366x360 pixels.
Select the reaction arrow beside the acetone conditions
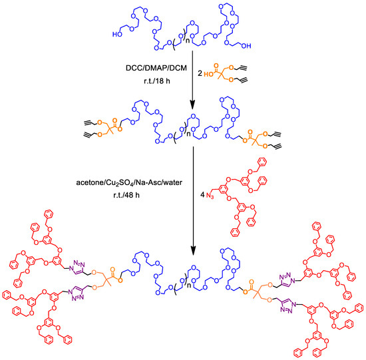[192, 200]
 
